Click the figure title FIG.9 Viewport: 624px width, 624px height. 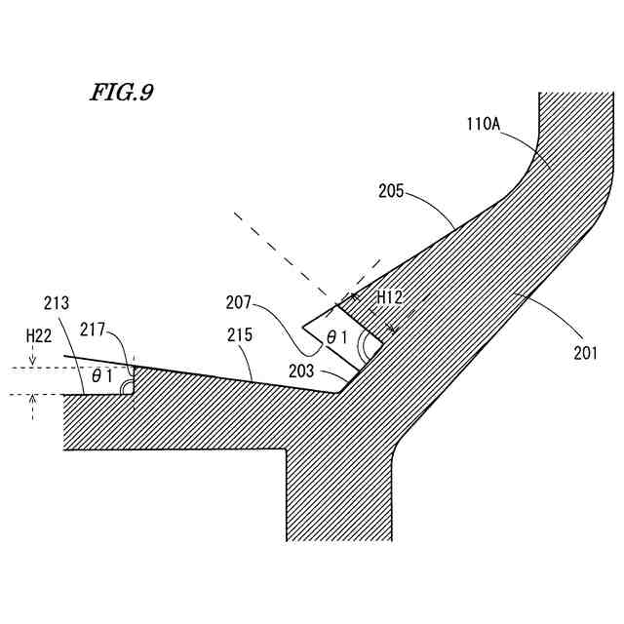tap(122, 93)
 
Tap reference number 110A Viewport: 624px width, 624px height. tap(485, 124)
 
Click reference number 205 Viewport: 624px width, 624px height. tap(391, 191)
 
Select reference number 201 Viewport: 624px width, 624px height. tap(585, 353)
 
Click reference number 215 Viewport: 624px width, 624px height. tap(240, 335)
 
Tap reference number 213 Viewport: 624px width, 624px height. tap(57, 302)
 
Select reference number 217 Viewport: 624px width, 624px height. tap(94, 331)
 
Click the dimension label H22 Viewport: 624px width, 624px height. tap(39, 335)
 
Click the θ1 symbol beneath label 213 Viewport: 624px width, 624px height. tap(101, 374)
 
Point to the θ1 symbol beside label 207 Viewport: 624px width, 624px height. tap(337, 336)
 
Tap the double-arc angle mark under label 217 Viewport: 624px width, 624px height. tap(127, 388)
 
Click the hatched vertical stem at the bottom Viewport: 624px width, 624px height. tap(338, 497)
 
